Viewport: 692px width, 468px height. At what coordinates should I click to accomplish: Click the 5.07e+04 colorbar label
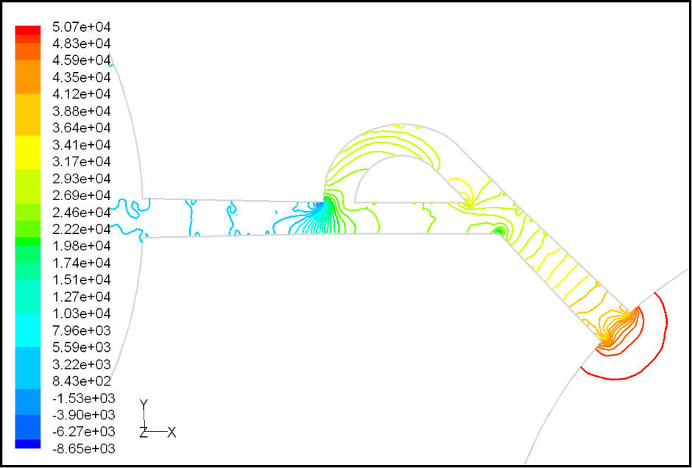coord(81,27)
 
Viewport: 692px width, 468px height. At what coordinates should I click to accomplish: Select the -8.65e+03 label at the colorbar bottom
coord(83,449)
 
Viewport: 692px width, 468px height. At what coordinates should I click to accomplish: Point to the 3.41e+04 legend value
coord(81,145)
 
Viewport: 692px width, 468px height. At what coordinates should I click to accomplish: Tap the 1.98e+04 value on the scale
coord(81,246)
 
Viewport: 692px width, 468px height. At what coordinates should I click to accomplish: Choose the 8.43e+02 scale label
coord(81,380)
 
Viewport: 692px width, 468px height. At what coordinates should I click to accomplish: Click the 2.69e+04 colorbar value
coord(81,195)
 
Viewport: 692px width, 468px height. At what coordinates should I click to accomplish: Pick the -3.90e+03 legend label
coord(83,414)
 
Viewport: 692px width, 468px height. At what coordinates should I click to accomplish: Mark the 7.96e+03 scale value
coord(81,330)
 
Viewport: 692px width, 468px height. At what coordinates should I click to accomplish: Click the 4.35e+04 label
coord(81,78)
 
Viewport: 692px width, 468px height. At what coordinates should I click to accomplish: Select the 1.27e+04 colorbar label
coord(81,296)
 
